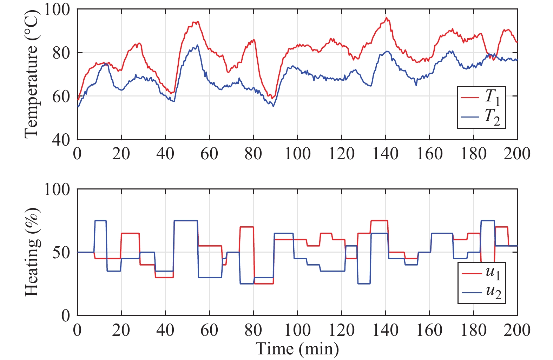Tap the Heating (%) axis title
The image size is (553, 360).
32,252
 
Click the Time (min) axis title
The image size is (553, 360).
297,349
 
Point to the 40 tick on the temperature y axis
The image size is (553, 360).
61,140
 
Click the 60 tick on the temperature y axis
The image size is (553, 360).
61,96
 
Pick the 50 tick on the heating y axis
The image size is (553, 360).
61,252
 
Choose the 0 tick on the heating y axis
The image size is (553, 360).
66,316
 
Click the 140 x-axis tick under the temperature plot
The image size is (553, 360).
385,154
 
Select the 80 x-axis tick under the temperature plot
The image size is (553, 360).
253,154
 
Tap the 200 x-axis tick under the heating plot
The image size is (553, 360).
516,330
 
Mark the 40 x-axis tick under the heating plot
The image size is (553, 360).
165,330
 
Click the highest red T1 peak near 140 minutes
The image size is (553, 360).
386,18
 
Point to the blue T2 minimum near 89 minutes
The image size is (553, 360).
273,106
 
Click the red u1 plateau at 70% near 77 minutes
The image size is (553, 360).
246,227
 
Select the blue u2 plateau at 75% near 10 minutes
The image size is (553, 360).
100,221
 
